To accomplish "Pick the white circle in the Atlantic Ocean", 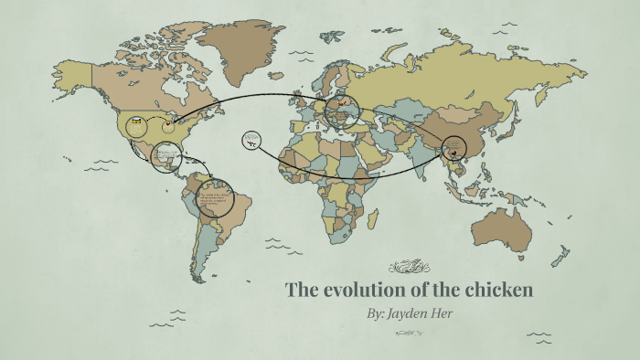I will [251, 141].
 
